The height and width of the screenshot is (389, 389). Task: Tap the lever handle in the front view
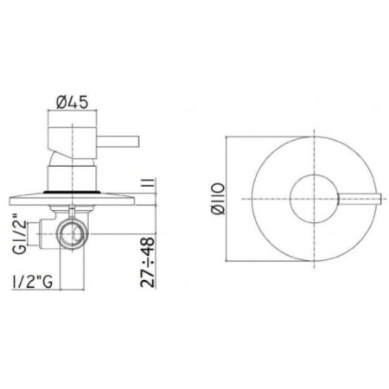354,198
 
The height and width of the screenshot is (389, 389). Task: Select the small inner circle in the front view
309,198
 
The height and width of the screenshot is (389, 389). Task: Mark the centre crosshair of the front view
309,198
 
